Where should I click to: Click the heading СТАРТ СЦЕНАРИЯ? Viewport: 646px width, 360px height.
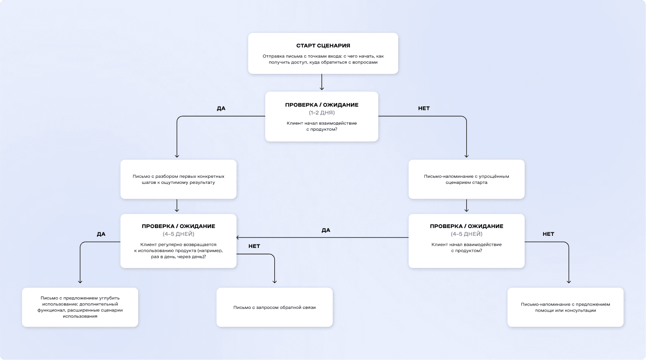323,45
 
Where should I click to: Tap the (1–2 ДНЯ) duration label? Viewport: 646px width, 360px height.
321,112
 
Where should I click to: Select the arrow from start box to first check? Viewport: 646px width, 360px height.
321,82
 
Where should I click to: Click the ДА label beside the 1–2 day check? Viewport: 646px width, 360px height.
221,109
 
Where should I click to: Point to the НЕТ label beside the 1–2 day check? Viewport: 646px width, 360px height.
424,109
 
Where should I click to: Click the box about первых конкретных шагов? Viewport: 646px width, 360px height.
178,179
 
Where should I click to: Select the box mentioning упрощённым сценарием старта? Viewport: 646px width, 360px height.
466,179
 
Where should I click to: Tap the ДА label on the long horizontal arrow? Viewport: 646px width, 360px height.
325,230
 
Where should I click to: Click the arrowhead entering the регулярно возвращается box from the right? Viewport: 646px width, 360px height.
238,238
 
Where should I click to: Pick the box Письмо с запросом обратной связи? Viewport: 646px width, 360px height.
274,307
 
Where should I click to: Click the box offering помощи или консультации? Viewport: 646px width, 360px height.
565,307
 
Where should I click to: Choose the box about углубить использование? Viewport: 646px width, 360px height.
80,307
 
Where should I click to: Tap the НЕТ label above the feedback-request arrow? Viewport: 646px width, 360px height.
254,246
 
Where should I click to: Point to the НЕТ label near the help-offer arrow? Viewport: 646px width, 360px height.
548,234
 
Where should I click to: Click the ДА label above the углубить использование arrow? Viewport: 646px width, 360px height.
101,234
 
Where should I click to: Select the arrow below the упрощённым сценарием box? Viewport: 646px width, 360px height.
466,206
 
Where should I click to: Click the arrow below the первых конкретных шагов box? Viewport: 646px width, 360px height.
177,206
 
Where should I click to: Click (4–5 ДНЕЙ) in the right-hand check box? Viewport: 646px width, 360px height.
466,234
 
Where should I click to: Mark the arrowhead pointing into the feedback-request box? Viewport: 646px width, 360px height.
274,281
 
